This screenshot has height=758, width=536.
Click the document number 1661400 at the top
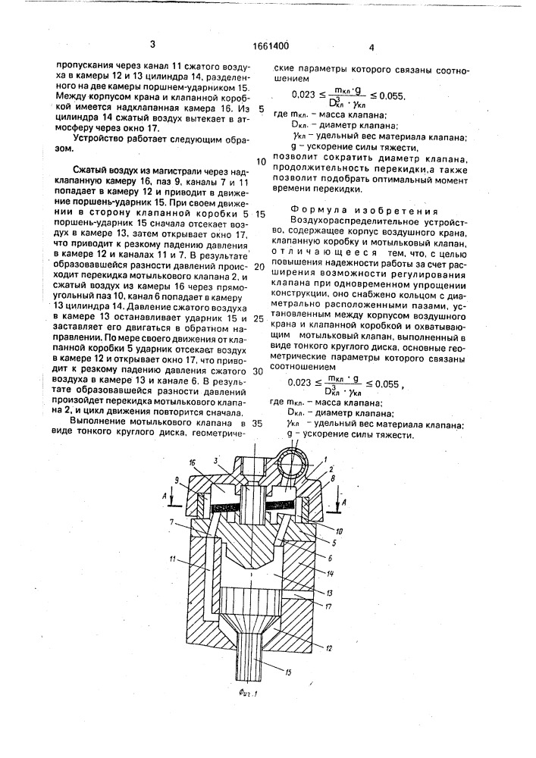[x=268, y=45]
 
